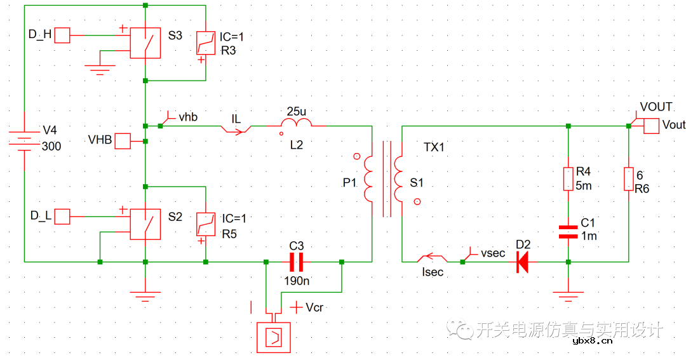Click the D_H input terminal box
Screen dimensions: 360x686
click(62, 35)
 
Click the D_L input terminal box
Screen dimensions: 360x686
click(62, 217)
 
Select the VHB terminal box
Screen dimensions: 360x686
click(122, 141)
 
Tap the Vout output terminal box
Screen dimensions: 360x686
click(652, 126)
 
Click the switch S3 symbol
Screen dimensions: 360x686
click(145, 43)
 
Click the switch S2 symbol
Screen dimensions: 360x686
click(145, 225)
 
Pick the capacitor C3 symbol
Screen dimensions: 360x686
click(297, 261)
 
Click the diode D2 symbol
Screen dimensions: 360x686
click(522, 261)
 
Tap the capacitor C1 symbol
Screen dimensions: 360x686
click(567, 230)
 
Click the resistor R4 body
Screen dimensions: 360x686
click(567, 179)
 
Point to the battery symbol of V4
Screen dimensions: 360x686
click(24, 140)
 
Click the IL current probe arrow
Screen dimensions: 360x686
click(236, 130)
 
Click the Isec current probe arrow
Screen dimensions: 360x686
click(431, 258)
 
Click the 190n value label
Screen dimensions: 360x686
click(297, 279)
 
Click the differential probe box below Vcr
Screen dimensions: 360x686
click(273, 337)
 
